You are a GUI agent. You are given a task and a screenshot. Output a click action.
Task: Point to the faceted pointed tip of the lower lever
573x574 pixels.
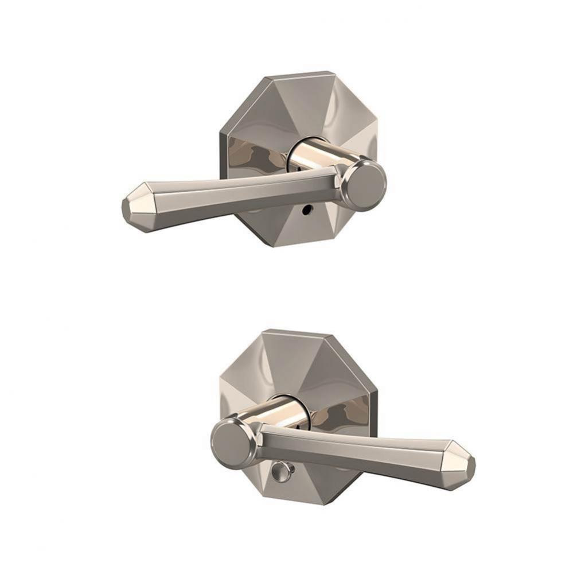pyautogui.click(x=462, y=463)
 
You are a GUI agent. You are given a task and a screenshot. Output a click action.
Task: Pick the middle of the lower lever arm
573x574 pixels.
pyautogui.click(x=356, y=451)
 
